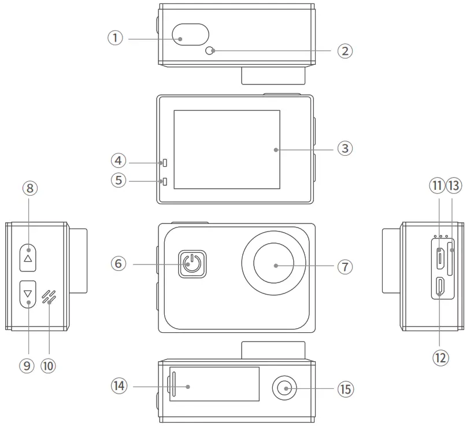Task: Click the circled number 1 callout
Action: pos(116,38)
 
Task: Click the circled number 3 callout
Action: pos(345,149)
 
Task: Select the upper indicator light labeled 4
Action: pos(165,161)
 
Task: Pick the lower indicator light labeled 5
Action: pos(165,182)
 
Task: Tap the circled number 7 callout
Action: pos(345,266)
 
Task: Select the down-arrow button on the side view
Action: pos(28,294)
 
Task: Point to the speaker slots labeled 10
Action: pos(49,296)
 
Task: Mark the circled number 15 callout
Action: pos(345,389)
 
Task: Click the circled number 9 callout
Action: pos(27,365)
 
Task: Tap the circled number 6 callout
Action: pos(119,264)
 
